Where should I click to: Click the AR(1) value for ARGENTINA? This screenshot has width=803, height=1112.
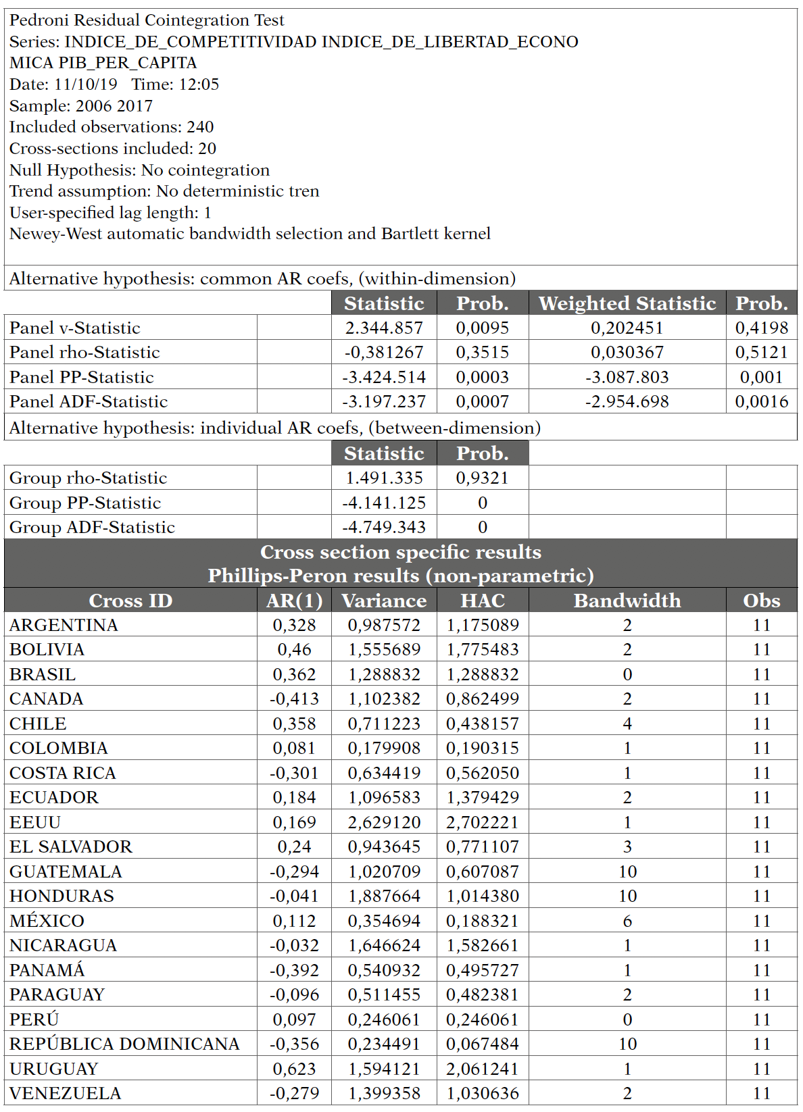coord(294,625)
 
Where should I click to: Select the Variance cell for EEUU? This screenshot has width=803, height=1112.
coord(384,822)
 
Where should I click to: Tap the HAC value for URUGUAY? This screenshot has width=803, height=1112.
coord(482,1069)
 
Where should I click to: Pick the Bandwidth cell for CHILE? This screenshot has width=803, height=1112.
coord(627,724)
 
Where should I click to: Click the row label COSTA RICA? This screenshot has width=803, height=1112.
coord(63,773)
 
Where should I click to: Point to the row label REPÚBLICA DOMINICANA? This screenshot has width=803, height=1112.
coord(124,1044)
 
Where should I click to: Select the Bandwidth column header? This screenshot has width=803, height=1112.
coord(627,601)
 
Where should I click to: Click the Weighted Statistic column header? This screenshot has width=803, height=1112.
coord(627,303)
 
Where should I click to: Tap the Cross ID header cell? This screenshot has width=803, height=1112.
coord(130,601)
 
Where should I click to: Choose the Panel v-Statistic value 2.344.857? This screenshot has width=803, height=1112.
coord(384,328)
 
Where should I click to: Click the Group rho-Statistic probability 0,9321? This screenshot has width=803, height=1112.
coord(482,478)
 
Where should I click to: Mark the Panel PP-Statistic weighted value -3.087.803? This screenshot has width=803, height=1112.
coord(627,377)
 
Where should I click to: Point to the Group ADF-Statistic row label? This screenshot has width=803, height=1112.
coord(92,527)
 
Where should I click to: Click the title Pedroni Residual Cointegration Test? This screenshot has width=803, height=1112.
coord(147,20)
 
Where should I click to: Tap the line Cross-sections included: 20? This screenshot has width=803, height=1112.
coord(113,149)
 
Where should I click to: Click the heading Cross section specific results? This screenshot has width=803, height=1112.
coord(401,552)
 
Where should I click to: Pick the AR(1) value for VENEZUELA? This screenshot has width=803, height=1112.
coord(294,1093)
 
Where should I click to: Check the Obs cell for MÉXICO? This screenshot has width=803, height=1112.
coord(762,921)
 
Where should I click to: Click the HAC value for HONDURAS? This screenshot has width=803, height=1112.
coord(482,896)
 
